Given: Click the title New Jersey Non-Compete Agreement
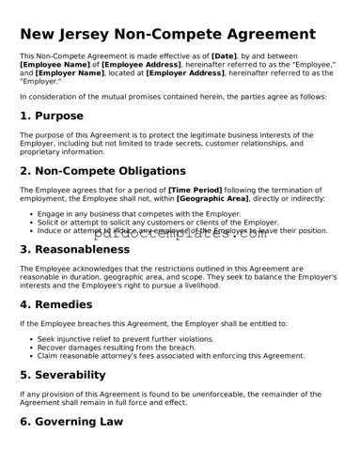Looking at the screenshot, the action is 167,35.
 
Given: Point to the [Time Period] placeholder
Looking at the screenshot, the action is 196,191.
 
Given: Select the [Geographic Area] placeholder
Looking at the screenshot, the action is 212,199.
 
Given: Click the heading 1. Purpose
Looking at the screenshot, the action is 52,116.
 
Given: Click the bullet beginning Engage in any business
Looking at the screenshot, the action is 139,213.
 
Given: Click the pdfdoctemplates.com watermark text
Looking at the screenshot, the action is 180,235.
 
